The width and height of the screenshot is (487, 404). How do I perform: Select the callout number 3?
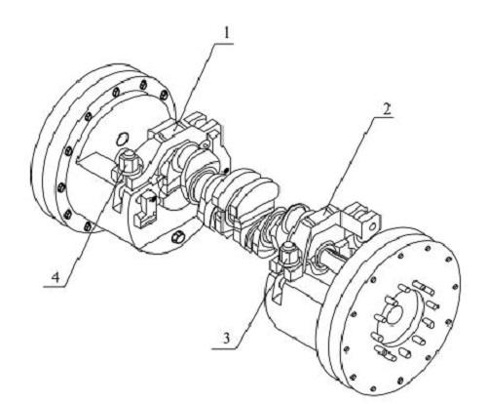[226, 339]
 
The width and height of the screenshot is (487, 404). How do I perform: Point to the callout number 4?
[56, 277]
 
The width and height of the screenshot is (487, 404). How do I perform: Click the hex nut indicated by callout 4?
[128, 161]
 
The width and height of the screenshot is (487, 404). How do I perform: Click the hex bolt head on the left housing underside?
[176, 238]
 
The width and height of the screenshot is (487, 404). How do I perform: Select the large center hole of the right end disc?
[395, 315]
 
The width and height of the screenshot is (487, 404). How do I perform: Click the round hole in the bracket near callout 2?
[373, 225]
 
